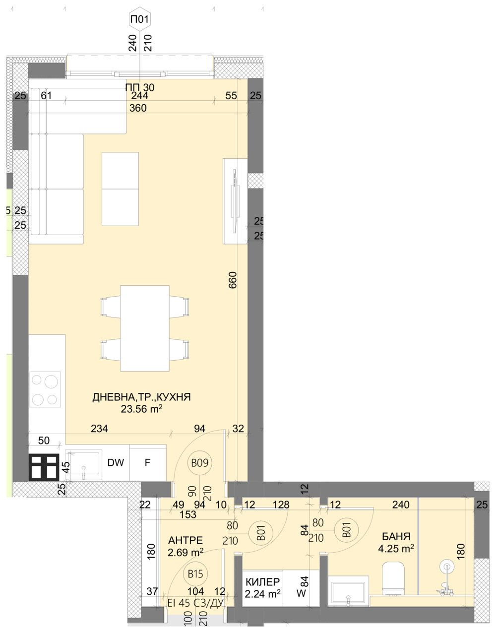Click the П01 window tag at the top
tap(140, 20)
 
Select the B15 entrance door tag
tap(195, 574)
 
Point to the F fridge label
tap(147, 463)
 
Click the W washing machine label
tap(301, 592)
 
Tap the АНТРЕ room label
tap(186, 540)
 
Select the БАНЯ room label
tap(395, 536)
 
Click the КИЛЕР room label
tap(263, 582)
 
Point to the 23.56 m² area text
tap(142, 409)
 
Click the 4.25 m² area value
tap(395, 549)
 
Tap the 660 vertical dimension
tap(234, 280)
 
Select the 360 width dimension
tap(137, 108)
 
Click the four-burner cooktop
tap(45, 389)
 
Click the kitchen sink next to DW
tap(83, 465)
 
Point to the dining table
tap(145, 328)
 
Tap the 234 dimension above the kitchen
tap(99, 429)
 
